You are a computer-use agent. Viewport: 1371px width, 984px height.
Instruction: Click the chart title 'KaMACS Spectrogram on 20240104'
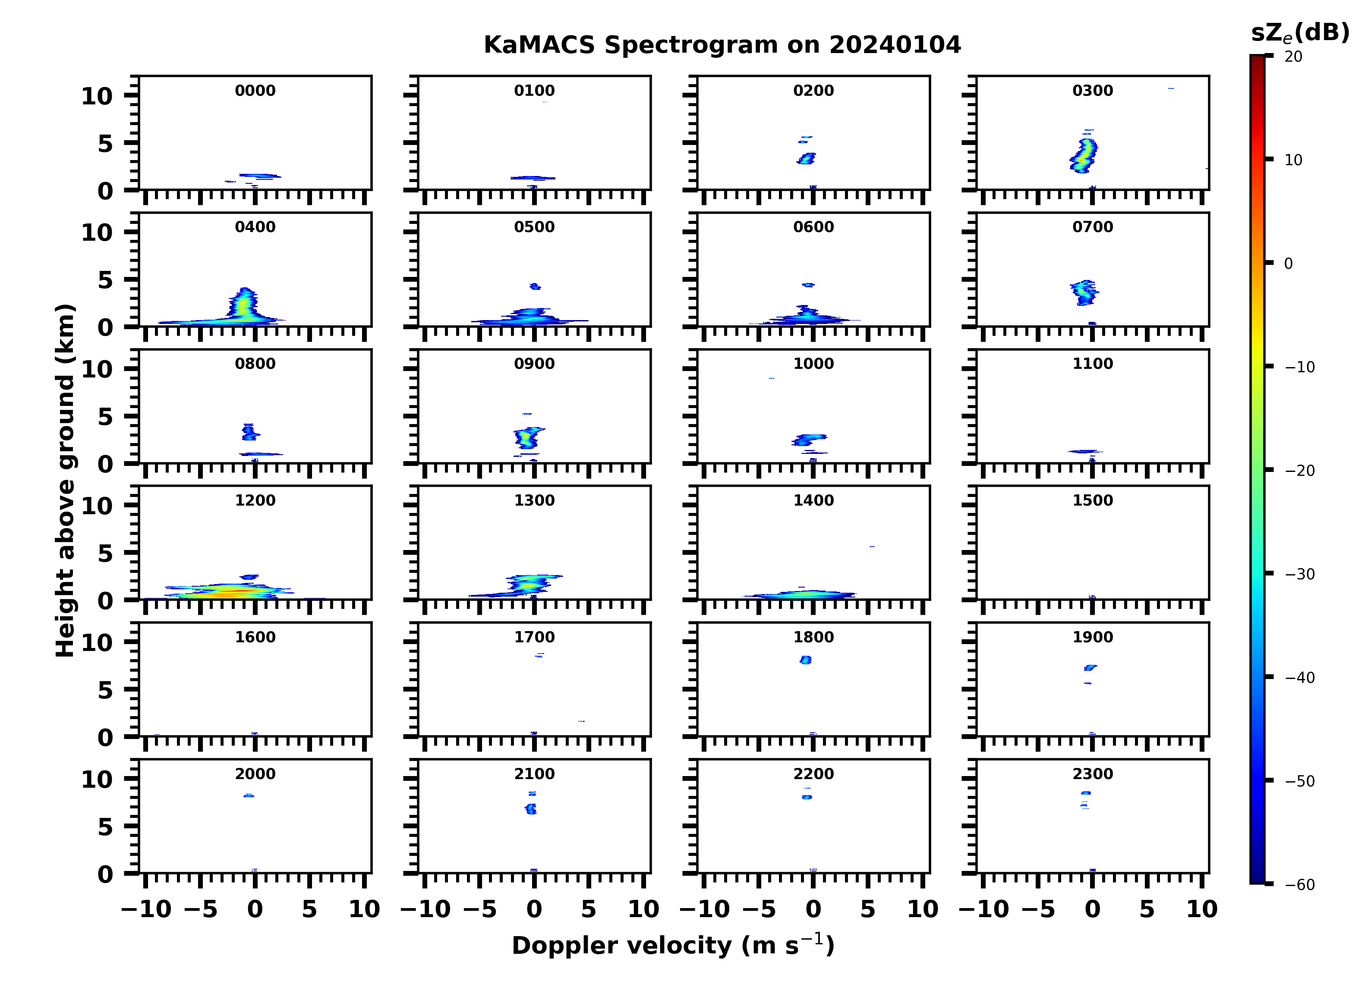(722, 45)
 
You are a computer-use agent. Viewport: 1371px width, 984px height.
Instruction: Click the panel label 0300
(1092, 91)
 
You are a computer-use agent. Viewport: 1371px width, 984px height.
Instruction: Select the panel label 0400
(255, 227)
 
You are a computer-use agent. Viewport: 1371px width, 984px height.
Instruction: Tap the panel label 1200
(255, 500)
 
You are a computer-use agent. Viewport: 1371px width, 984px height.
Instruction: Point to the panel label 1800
(813, 637)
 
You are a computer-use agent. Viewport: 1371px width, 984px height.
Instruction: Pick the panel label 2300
(1092, 773)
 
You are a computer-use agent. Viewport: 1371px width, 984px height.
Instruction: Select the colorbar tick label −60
(1300, 885)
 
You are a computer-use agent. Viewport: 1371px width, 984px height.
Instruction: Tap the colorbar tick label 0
(1288, 264)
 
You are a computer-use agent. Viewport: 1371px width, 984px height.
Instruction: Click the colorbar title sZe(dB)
(1300, 33)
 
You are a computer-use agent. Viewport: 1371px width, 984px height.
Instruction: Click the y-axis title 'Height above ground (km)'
(65, 481)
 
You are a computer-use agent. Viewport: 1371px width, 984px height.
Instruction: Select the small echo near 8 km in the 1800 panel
(805, 660)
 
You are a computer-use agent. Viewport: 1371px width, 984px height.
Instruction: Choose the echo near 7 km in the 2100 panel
(531, 809)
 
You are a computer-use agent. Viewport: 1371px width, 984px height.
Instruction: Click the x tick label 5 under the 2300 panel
(1147, 909)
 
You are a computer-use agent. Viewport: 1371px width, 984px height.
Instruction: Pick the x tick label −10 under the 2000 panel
(146, 909)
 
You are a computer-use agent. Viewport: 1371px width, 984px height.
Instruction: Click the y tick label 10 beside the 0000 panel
(97, 96)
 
